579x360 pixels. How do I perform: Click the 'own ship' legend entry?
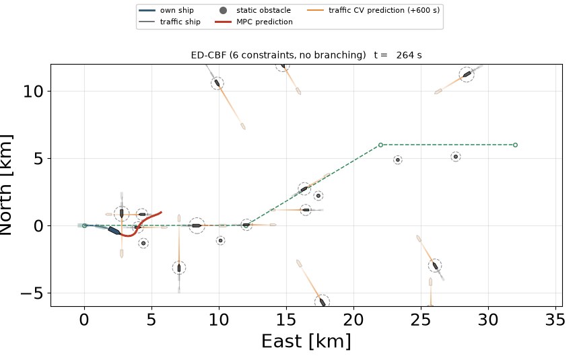point(166,10)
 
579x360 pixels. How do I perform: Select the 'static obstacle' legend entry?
point(255,10)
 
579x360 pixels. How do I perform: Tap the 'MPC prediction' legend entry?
point(254,22)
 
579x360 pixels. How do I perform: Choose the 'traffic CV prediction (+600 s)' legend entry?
point(374,10)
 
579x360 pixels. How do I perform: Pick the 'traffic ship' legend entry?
point(170,22)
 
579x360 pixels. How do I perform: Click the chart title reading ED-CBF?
point(306,55)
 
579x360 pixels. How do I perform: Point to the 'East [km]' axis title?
point(306,340)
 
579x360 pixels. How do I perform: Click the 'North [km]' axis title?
point(6,185)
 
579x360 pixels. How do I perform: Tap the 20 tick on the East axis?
point(353,320)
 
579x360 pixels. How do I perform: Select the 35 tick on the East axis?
point(555,320)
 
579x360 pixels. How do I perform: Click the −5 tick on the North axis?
point(32,293)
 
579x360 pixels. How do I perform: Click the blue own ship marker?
point(114,230)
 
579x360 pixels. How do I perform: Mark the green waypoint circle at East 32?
point(516,145)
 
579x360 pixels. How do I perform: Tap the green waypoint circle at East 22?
point(380,145)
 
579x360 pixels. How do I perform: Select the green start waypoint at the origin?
point(84,225)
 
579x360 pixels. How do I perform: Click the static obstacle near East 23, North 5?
point(398,160)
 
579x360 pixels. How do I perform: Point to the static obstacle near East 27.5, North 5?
point(456,157)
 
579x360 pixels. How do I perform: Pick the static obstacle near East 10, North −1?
point(220,241)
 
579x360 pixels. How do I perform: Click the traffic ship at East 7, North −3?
point(179,268)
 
